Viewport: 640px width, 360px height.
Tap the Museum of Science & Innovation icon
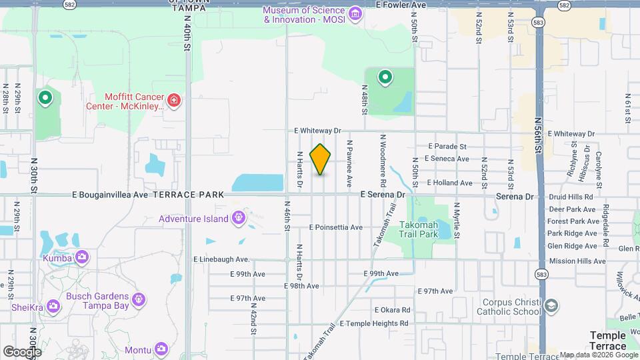point(355,13)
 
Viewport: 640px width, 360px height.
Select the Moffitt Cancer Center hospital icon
point(174,100)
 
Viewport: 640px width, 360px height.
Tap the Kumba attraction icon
point(82,257)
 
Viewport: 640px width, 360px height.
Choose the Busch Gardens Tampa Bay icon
point(139,299)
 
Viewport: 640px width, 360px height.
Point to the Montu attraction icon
point(161,349)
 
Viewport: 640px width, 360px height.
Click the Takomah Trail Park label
point(418,230)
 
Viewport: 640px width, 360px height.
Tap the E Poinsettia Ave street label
point(335,227)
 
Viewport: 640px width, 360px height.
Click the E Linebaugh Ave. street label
point(221,259)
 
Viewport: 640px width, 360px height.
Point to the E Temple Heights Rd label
point(374,323)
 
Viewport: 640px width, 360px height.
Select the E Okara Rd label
point(392,310)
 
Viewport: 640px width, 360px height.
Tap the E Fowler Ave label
point(400,5)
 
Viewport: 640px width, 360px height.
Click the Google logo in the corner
point(21,351)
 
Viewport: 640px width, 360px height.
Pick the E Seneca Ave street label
point(448,159)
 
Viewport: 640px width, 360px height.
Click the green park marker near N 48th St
point(385,78)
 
